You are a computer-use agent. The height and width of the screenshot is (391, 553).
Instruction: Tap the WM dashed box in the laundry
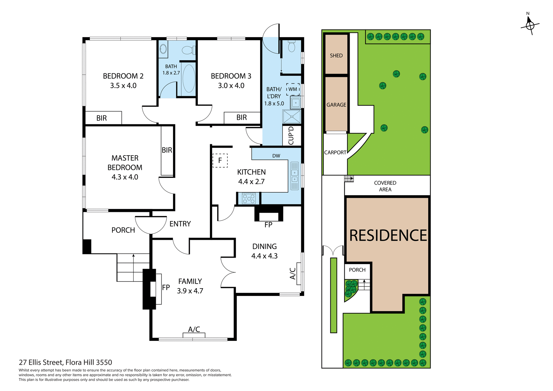[x=293, y=89]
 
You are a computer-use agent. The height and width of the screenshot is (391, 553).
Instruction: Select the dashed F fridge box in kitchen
[x=220, y=160]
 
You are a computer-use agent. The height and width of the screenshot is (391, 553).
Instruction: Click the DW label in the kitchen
[x=276, y=156]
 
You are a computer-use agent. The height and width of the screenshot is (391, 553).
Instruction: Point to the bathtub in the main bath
[x=189, y=79]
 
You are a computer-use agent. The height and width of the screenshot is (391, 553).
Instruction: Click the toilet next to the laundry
[x=291, y=46]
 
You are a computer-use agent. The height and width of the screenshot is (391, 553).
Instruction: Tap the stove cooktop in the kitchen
[x=249, y=199]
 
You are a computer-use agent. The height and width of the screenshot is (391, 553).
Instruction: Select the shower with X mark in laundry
[x=292, y=117]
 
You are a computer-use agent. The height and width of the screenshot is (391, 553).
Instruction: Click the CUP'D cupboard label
[x=291, y=136]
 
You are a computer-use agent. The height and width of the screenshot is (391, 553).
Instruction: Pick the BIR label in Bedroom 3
[x=241, y=117]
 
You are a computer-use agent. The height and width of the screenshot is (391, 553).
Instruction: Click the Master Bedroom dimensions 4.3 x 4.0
[x=125, y=177]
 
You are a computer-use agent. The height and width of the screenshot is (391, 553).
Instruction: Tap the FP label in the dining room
[x=268, y=225]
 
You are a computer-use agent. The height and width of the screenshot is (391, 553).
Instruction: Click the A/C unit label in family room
[x=194, y=329]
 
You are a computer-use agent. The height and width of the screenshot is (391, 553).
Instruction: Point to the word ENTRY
[x=180, y=224]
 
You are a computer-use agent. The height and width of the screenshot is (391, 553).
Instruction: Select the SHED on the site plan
[x=336, y=56]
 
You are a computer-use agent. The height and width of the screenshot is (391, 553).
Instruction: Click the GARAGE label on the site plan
[x=336, y=105]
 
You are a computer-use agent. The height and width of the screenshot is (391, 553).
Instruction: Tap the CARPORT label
[x=335, y=153]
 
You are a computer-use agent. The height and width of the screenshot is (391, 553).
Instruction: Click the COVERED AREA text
[x=385, y=186]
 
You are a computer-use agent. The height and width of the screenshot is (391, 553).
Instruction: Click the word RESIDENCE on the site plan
[x=388, y=236]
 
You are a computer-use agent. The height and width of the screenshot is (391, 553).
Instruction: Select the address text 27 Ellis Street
[x=65, y=362]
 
